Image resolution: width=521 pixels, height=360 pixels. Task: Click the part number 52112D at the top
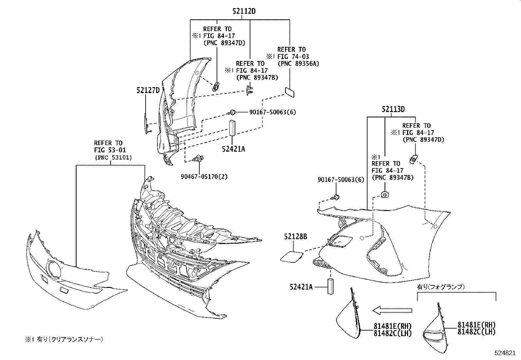click(244, 11)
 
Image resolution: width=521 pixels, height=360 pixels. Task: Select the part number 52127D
click(148, 90)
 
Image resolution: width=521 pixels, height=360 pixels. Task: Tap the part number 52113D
click(393, 109)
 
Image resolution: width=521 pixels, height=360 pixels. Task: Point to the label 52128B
click(296, 237)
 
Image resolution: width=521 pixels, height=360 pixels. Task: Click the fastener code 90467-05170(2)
click(204, 177)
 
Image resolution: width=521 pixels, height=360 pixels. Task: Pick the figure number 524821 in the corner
click(505, 353)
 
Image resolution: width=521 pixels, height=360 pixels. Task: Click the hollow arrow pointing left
click(392, 311)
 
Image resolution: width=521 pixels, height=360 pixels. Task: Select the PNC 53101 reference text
click(113, 158)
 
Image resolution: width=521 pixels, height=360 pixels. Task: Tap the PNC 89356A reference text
click(298, 64)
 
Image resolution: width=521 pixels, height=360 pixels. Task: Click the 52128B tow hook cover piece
click(292, 256)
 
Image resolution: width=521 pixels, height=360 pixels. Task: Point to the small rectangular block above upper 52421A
click(232, 128)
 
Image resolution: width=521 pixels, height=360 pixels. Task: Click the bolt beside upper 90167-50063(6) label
click(231, 113)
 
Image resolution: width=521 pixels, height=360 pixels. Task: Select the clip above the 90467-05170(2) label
click(198, 159)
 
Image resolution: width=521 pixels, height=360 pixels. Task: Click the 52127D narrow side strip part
click(146, 124)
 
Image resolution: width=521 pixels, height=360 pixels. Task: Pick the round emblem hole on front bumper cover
click(53, 270)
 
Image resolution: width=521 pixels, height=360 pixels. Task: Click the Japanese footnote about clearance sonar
click(64, 339)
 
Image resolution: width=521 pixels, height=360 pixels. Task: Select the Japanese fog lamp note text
click(441, 287)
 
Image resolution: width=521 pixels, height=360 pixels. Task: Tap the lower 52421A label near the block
click(301, 287)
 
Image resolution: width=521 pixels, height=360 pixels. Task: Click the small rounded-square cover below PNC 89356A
click(290, 92)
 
